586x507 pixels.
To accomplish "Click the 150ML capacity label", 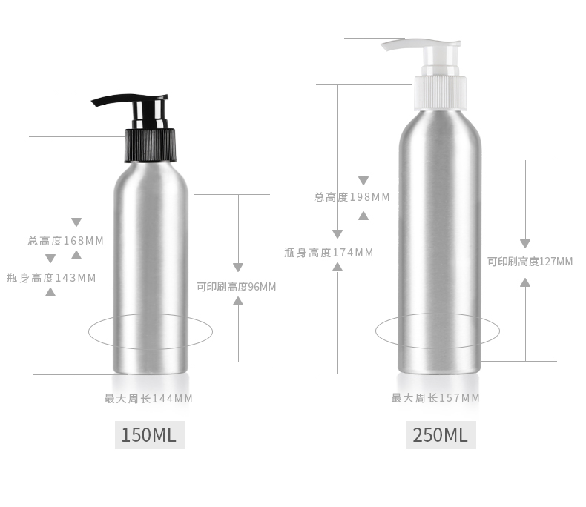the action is click(149, 435).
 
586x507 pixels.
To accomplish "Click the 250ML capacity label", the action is click(441, 435).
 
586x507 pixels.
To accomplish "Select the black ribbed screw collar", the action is click(150, 145).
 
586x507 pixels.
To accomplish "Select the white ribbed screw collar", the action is click(441, 93).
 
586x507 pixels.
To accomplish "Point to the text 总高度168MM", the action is click(66, 241).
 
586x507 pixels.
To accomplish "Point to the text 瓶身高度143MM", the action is click(52, 278).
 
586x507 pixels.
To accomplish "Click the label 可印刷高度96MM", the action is click(236, 287).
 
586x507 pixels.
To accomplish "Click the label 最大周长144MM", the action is click(148, 399).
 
